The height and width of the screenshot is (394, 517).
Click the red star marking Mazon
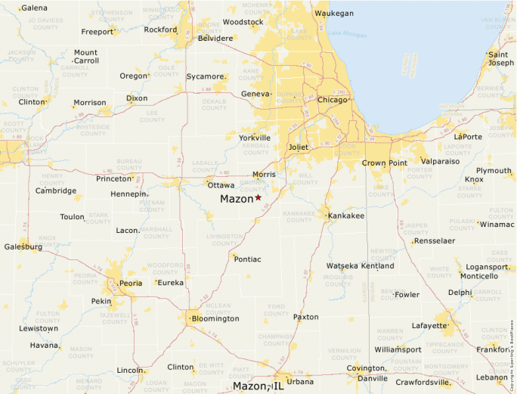tap(258, 197)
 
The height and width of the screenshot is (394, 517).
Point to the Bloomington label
tap(215, 318)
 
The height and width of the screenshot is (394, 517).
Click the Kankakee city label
tap(346, 216)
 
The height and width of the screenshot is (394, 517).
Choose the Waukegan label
tap(333, 13)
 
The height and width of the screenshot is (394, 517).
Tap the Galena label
tap(34, 8)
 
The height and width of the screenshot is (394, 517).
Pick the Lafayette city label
tap(429, 325)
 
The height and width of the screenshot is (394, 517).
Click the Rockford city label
tap(160, 29)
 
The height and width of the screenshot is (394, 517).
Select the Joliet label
tap(299, 147)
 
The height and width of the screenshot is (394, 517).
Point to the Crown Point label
tap(384, 163)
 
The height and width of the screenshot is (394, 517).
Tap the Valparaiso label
tap(440, 161)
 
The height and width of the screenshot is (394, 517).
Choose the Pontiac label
tap(248, 259)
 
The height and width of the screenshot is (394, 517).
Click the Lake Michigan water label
tap(344, 34)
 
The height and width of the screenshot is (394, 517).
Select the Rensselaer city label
tap(434, 240)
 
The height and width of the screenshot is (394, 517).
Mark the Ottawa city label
tap(221, 185)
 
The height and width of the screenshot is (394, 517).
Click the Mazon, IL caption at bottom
tap(258, 386)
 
